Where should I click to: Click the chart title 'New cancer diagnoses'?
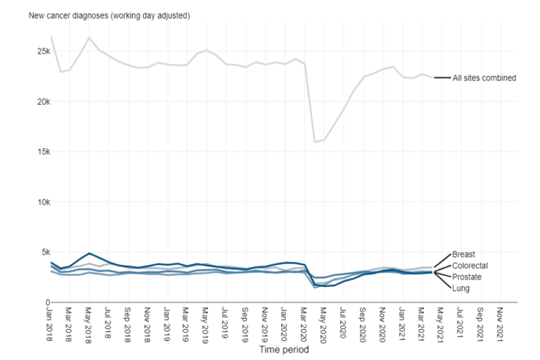pyautogui.click(x=99, y=15)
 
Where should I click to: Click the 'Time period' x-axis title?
pyautogui.click(x=283, y=349)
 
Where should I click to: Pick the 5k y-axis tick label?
pyautogui.click(x=42, y=252)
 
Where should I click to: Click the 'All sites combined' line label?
pyautogui.click(x=484, y=78)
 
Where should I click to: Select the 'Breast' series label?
pyautogui.click(x=464, y=255)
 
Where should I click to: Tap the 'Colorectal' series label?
pyautogui.click(x=470, y=266)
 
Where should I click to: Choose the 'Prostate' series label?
pyautogui.click(x=467, y=277)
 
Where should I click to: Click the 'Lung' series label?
pyautogui.click(x=461, y=288)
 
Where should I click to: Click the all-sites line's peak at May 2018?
pyautogui.click(x=89, y=37)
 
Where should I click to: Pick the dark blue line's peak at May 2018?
pyautogui.click(x=89, y=253)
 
